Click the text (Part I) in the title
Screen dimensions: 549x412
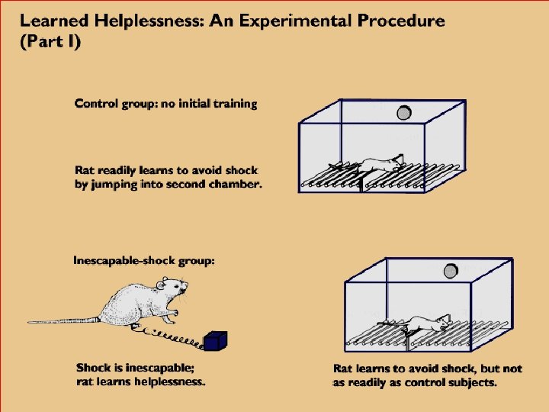tap(50, 41)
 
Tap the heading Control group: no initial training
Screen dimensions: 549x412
tap(165, 104)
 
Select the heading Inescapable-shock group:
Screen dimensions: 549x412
tap(144, 261)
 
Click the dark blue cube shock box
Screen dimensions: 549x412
tap(216, 342)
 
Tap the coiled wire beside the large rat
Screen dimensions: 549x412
tap(168, 334)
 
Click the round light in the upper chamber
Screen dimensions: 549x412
tap(404, 113)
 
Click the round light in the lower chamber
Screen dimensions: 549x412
tap(450, 269)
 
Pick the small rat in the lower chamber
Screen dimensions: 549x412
tap(427, 323)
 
